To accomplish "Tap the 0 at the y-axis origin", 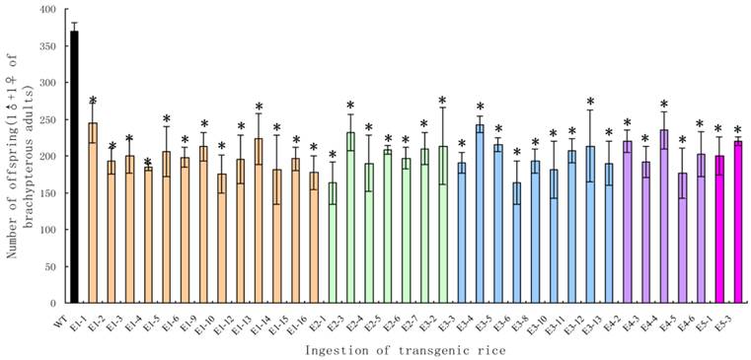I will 52,303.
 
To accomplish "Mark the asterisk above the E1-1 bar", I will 93,102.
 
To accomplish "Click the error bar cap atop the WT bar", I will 74,23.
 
